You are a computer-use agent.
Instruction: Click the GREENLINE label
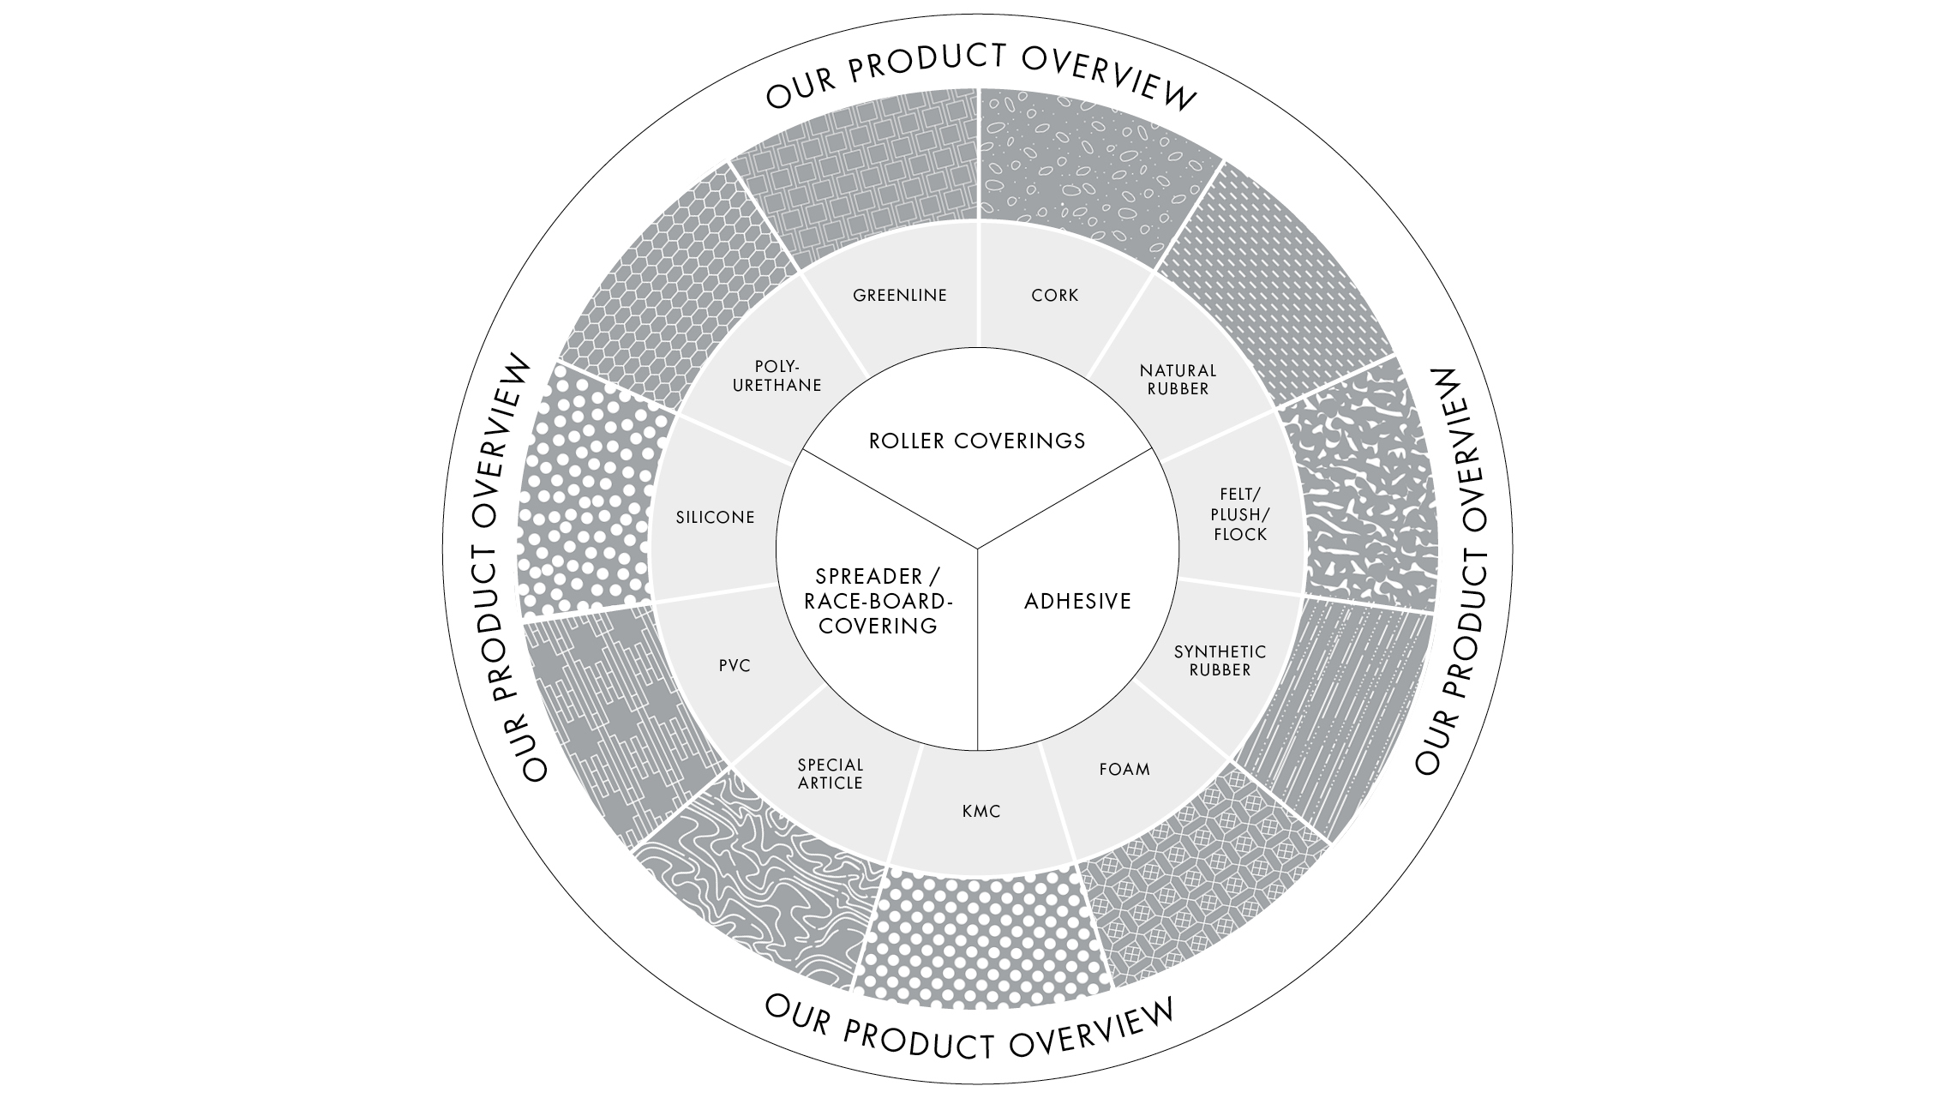point(899,296)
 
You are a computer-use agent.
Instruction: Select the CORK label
point(1054,296)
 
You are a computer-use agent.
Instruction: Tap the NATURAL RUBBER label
point(1178,380)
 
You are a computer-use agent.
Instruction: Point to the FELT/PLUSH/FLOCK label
point(1239,514)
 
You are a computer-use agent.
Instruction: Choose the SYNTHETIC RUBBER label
point(1220,661)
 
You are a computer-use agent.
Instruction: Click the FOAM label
point(1124,769)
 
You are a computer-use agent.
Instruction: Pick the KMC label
point(981,811)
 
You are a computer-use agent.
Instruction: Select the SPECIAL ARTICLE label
point(830,774)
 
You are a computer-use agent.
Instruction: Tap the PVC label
point(735,666)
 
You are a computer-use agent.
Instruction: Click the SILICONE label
point(715,518)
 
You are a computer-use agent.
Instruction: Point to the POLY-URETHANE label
point(777,376)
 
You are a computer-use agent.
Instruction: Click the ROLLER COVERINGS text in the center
point(977,441)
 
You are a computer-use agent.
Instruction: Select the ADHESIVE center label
point(1077,602)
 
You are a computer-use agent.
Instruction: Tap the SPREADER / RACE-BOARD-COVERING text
point(878,601)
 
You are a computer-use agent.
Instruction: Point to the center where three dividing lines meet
point(978,547)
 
